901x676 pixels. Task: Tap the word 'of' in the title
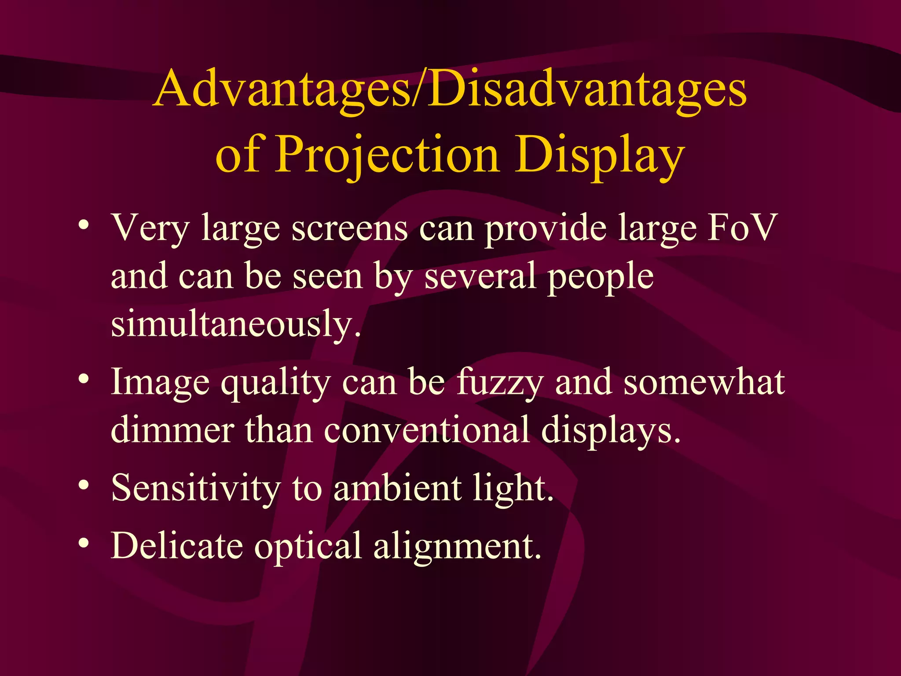point(240,154)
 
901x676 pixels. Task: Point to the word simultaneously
point(235,324)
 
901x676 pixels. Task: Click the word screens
point(350,229)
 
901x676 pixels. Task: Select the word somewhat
point(704,382)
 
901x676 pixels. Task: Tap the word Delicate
point(177,546)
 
